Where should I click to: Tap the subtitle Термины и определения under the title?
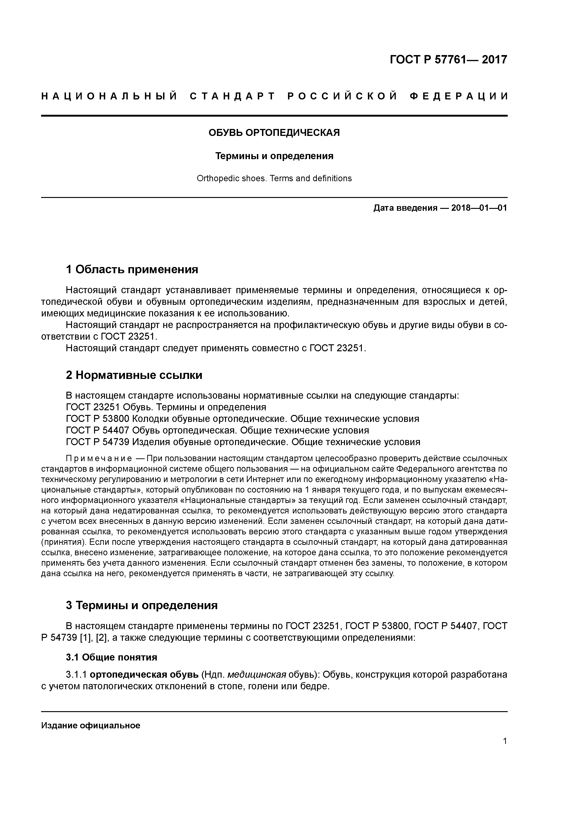(x=274, y=156)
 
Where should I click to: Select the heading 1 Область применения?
(x=132, y=269)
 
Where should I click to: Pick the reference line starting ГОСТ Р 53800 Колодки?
(x=242, y=419)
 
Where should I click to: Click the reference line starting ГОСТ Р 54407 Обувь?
(x=217, y=431)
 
